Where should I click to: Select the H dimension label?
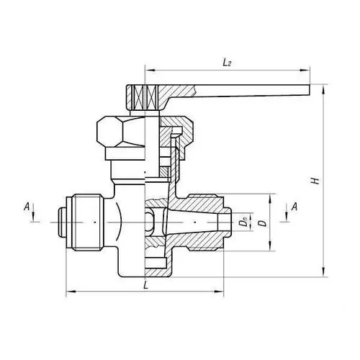click(315, 180)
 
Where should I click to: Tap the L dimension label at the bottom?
click(145, 286)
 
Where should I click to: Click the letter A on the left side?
click(27, 207)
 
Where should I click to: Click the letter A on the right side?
click(295, 207)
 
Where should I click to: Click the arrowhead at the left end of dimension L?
click(69, 293)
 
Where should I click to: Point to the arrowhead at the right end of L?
click(221, 293)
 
